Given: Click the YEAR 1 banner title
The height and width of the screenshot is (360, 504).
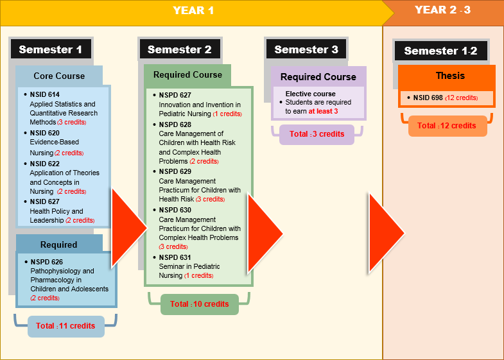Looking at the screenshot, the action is pyautogui.click(x=193, y=10).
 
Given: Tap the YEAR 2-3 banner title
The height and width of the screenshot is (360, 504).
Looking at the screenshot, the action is pyautogui.click(x=442, y=10).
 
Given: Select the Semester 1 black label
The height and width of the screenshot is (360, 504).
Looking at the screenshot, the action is pyautogui.click(x=51, y=49).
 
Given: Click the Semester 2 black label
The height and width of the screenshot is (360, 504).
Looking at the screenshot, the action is pyautogui.click(x=180, y=49).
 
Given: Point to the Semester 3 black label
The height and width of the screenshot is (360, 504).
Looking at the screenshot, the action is pyautogui.click(x=306, y=49).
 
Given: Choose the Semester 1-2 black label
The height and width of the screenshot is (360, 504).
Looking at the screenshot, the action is pyautogui.click(x=440, y=51).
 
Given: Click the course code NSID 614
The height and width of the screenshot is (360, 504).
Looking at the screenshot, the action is pyautogui.click(x=45, y=94).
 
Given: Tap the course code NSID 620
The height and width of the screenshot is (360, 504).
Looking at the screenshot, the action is pyautogui.click(x=45, y=133).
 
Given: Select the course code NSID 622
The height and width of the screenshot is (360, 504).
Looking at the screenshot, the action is pyautogui.click(x=45, y=164).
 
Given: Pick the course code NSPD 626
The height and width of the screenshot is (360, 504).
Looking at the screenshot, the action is pyautogui.click(x=47, y=262).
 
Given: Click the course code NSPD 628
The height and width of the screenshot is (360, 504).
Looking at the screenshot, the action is pyautogui.click(x=175, y=124).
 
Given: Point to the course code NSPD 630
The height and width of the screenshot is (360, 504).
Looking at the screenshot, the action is pyautogui.click(x=175, y=210).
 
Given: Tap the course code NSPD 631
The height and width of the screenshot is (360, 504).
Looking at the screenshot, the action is pyautogui.click(x=175, y=257).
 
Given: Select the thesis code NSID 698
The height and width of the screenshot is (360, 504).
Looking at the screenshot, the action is pyautogui.click(x=428, y=98).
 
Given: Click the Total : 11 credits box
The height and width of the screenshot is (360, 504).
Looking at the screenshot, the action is pyautogui.click(x=66, y=326).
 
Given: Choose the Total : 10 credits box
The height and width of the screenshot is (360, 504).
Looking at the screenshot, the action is pyautogui.click(x=200, y=304).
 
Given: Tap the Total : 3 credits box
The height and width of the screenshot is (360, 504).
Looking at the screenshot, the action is pyautogui.click(x=317, y=134).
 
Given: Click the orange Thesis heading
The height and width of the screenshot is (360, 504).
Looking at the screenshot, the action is pyautogui.click(x=450, y=76).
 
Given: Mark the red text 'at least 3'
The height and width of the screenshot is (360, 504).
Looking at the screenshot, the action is pyautogui.click(x=323, y=111).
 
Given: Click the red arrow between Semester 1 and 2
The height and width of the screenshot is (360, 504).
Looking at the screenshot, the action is pyautogui.click(x=128, y=228).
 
